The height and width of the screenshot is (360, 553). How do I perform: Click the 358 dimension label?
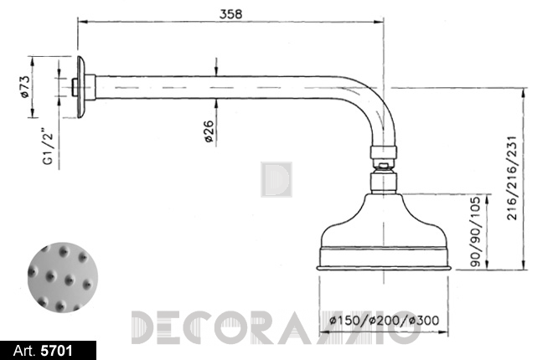(231, 13)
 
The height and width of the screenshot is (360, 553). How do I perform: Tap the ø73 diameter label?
(24, 86)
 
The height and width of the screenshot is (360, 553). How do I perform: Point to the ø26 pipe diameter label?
(209, 131)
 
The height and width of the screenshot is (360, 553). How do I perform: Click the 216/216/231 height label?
(512, 177)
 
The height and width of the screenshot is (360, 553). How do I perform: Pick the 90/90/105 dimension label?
(475, 231)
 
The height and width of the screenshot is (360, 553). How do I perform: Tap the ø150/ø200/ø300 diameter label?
(384, 320)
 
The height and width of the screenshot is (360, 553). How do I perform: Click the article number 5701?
(57, 351)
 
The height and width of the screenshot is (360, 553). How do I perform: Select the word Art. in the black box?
(25, 351)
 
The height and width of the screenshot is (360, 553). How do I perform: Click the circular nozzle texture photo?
(63, 277)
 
